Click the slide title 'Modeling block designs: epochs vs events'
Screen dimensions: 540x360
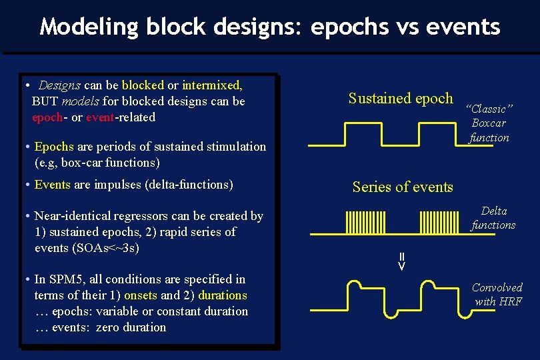(270, 27)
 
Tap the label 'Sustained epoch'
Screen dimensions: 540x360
(401, 99)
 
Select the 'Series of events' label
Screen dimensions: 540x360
(403, 187)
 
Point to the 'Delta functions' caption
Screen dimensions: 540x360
(493, 218)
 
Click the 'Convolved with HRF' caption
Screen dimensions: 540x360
(497, 294)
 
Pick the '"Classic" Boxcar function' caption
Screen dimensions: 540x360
(489, 123)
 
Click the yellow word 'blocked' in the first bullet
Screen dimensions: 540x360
(143, 85)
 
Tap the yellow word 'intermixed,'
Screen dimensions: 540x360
(212, 85)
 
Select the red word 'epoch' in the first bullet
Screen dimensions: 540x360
(47, 117)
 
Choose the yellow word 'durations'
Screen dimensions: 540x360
(223, 295)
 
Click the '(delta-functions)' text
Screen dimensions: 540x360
(189, 185)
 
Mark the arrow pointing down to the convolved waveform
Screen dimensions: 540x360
(402, 262)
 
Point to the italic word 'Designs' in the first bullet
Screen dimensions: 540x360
(59, 85)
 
